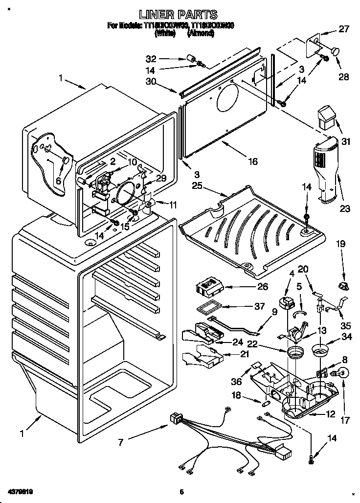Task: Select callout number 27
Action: click(x=344, y=29)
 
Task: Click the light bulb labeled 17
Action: click(x=341, y=373)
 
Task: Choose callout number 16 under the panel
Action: click(x=252, y=161)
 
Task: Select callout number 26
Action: click(x=250, y=288)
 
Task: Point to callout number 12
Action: click(x=330, y=414)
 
